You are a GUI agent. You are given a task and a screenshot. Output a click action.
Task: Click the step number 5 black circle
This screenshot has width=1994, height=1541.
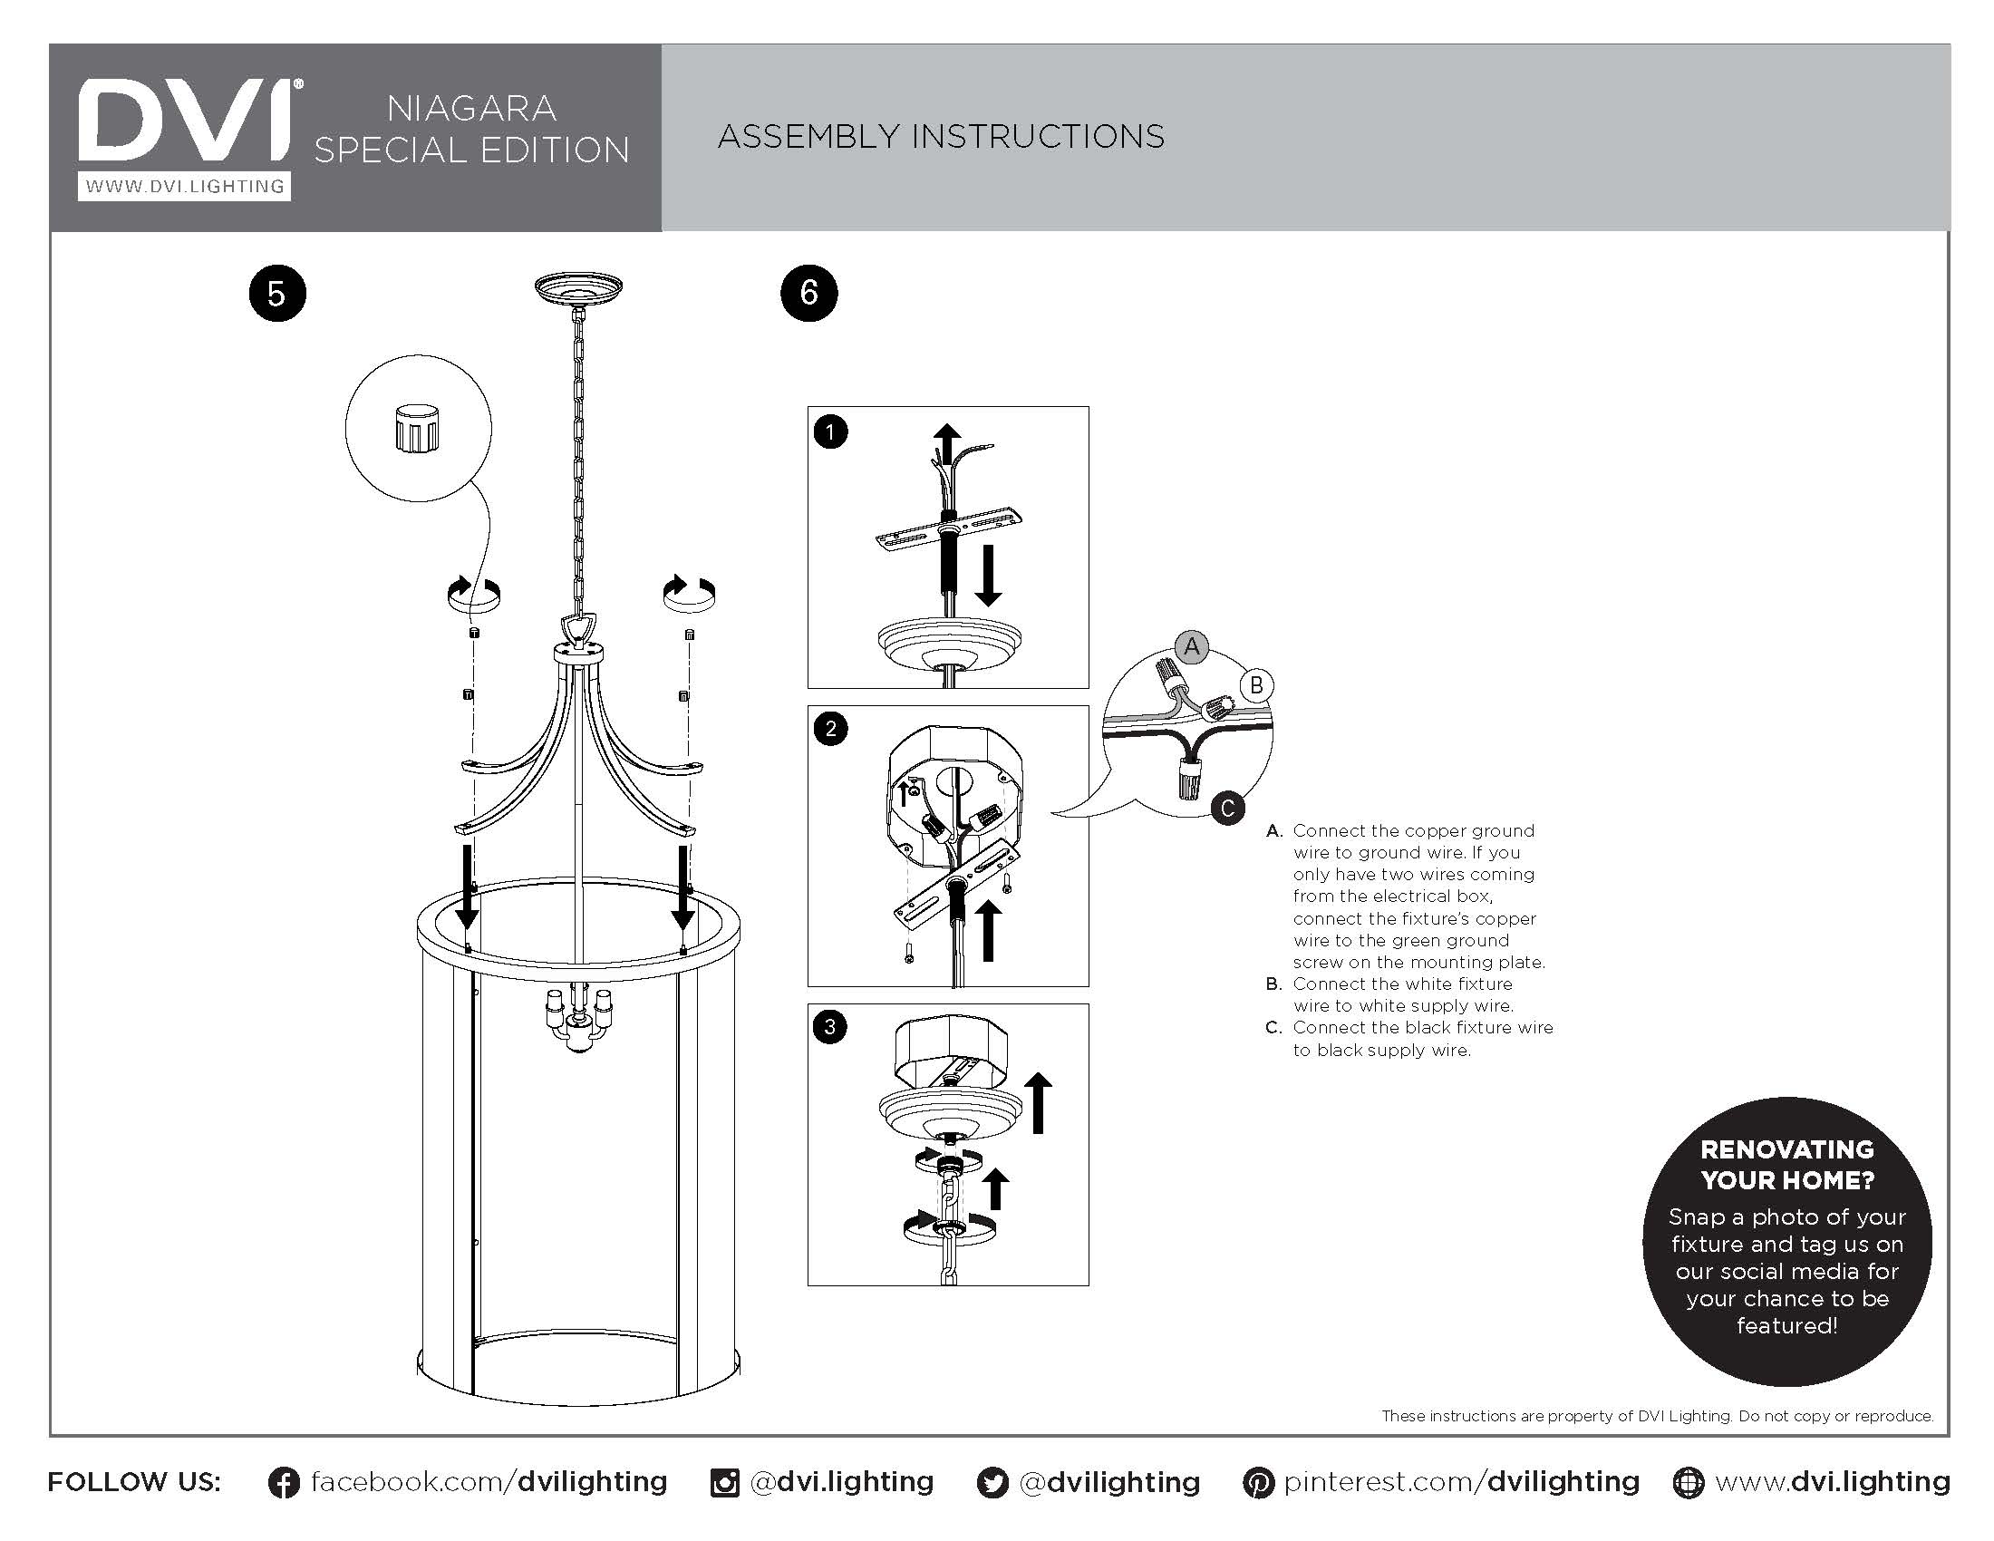(x=276, y=294)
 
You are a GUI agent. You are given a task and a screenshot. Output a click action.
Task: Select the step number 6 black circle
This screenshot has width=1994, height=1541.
(x=808, y=293)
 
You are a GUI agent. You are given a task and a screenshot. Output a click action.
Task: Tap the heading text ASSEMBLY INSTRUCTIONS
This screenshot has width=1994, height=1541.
(x=941, y=137)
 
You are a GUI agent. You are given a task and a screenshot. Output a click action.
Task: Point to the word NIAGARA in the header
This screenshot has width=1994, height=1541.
(x=471, y=109)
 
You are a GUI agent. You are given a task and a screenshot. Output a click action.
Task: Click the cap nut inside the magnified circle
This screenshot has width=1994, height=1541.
(x=417, y=429)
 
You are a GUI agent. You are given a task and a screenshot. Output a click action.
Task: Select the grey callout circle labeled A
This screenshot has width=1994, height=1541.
(x=1192, y=647)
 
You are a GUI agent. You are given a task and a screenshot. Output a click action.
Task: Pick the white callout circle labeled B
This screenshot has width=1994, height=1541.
(x=1256, y=684)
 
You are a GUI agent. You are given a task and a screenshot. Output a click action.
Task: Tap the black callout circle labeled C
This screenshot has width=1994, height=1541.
(x=1227, y=808)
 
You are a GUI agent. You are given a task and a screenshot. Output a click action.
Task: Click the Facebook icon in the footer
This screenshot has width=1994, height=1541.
(x=284, y=1483)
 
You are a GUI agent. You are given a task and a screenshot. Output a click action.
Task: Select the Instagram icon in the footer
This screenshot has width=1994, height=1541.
(x=725, y=1483)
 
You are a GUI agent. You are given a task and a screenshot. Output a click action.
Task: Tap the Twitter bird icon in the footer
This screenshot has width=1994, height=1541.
(x=992, y=1483)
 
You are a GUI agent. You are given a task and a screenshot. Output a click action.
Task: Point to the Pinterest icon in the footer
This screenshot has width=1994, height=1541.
(x=1258, y=1483)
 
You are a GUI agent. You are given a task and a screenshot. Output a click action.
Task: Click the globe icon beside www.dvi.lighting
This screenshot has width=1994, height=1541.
(x=1689, y=1483)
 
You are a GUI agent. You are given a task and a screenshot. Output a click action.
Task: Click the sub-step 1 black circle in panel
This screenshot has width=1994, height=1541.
(x=830, y=431)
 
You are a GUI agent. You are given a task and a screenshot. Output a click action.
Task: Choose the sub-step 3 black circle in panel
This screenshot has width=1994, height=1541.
(x=830, y=1027)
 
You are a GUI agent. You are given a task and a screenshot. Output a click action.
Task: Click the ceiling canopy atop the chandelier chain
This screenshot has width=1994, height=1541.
(x=578, y=287)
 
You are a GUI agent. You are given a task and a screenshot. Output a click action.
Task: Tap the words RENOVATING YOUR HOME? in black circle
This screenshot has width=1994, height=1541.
(x=1786, y=1165)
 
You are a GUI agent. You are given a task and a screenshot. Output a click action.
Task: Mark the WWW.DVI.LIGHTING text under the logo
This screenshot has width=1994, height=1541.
(x=184, y=186)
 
